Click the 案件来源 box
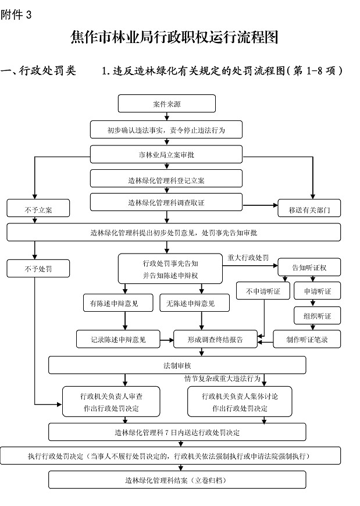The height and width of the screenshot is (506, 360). coord(166,104)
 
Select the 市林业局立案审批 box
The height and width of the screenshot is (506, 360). coord(166,154)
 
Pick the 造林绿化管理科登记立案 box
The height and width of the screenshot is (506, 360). coord(166,180)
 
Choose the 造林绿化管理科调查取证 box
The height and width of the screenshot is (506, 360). coord(166,202)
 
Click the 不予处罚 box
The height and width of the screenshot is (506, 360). coord(38,268)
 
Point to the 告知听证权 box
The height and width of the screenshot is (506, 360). coord(309,268)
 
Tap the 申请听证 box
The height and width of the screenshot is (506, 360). coord(317,291)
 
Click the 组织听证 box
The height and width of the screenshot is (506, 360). coord(317,315)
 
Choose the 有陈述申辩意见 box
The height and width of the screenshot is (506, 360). coord(119,303)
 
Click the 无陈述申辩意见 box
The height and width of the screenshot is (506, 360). coord(194,303)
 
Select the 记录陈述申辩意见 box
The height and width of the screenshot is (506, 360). coord(118,338)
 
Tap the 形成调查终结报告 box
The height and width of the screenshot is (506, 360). coord(215,338)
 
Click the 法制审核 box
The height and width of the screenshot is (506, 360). coord(177,365)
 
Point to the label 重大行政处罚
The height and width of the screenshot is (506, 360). coord(248,257)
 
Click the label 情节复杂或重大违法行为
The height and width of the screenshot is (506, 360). coord(222,379)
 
